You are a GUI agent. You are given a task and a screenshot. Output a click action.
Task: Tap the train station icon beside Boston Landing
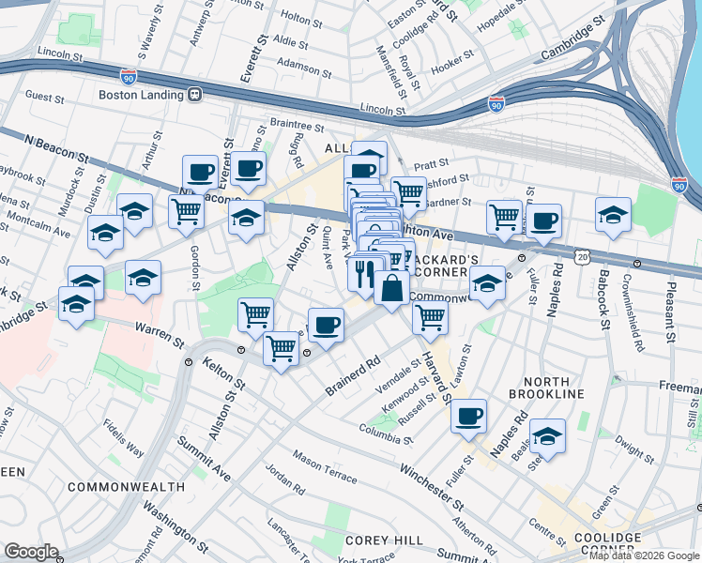(x=195, y=94)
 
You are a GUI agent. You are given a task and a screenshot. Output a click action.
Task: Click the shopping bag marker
(x=391, y=287)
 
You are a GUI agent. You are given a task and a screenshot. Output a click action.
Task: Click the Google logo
(x=31, y=552)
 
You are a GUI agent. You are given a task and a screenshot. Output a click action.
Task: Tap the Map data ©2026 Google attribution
(x=644, y=555)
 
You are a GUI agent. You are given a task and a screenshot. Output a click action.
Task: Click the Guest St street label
(x=43, y=96)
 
